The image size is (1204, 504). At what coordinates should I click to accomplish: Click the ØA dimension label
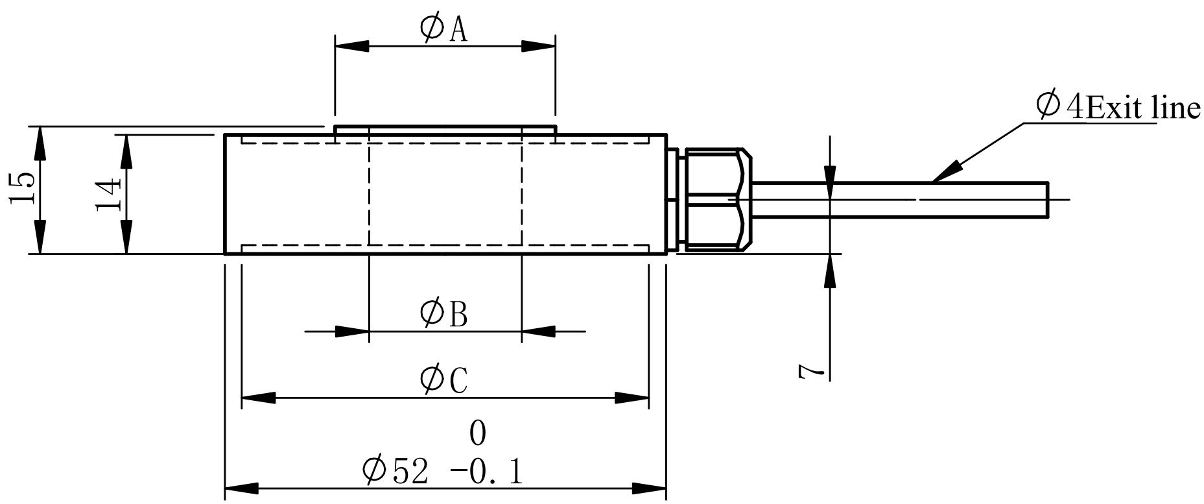click(443, 29)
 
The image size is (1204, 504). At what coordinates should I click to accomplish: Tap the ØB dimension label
click(443, 313)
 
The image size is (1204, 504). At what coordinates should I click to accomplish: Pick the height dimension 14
click(108, 193)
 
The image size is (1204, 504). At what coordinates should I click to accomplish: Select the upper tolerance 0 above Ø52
click(477, 433)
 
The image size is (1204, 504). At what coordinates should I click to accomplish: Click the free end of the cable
click(1045, 198)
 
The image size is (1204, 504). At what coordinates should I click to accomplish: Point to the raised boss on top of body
click(445, 130)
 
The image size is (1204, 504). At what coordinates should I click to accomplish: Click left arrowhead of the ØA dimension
click(351, 46)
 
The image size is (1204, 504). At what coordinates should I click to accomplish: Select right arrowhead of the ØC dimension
click(632, 398)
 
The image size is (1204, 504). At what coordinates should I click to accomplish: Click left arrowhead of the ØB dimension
click(353, 331)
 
